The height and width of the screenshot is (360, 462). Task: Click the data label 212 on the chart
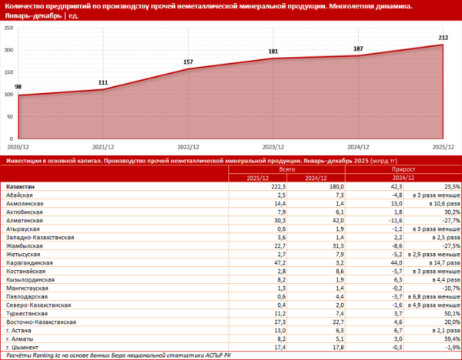pos(444,37)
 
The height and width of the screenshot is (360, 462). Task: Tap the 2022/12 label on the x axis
pos(189,145)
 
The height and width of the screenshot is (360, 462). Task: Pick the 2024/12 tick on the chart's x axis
pos(359,145)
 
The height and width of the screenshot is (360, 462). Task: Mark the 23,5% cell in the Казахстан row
pos(451,186)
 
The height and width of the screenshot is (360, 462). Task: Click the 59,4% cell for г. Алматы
pos(451,337)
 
